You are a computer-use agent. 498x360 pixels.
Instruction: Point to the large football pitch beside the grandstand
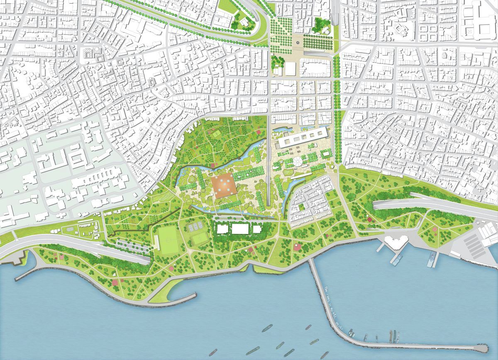168,240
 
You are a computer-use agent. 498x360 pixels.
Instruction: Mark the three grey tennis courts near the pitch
194,227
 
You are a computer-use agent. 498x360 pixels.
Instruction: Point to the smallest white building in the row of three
257,229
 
